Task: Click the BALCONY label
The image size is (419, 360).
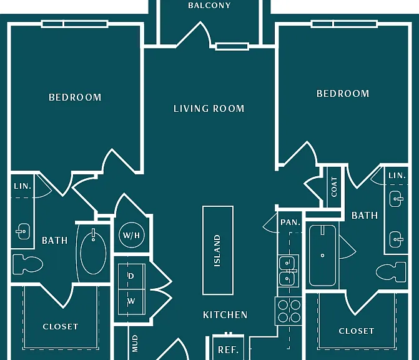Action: click(x=209, y=6)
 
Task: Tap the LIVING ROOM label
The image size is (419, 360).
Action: click(x=209, y=109)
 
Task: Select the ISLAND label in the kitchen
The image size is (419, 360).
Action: click(x=217, y=251)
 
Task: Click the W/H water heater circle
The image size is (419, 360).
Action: click(x=132, y=235)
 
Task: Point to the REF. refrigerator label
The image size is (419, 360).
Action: click(x=228, y=350)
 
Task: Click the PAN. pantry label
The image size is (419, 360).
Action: click(x=290, y=222)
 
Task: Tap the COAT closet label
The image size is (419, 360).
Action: click(x=334, y=187)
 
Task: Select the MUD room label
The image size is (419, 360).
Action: click(x=136, y=343)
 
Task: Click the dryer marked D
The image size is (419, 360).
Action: click(x=132, y=276)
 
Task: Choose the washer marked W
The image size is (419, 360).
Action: click(x=132, y=302)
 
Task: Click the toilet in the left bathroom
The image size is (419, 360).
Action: click(x=27, y=264)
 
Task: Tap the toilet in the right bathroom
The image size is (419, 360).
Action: click(x=391, y=272)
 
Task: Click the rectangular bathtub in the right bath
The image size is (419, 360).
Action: click(x=323, y=256)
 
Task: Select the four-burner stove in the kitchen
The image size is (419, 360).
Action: click(x=289, y=311)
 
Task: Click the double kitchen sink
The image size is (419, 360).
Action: click(x=288, y=271)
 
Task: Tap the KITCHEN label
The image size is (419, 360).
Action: click(x=225, y=315)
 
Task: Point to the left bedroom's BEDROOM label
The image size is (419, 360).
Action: click(x=75, y=97)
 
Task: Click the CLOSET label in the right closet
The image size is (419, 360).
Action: click(x=357, y=331)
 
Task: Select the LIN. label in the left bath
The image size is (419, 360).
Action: click(x=22, y=186)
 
